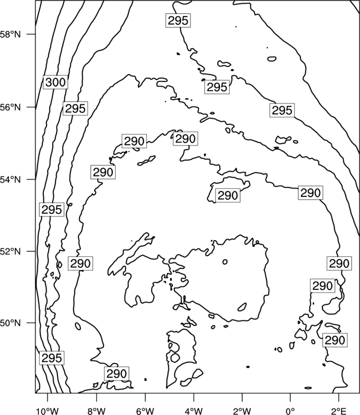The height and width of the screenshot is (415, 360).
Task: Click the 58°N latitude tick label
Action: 10,34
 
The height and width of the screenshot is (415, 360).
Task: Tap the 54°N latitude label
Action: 10,180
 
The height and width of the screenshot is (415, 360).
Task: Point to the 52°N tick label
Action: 10,251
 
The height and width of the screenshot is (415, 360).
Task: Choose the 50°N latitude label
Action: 10,323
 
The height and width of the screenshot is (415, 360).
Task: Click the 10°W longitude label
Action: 48,411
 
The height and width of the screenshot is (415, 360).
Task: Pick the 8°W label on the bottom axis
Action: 96,411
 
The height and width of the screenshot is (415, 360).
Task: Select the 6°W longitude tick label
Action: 145,411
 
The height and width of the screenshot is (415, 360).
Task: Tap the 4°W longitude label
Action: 194,411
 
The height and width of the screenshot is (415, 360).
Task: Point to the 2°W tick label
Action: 242,411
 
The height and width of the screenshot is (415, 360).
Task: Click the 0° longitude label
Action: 290,411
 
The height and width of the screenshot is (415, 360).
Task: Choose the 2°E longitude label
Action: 339,411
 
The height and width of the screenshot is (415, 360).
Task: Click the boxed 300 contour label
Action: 55,82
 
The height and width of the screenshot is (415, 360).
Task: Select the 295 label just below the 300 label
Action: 75,108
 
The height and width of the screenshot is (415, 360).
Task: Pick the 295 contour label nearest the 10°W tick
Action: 52,358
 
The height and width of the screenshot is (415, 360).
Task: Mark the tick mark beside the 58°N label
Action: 30,34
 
